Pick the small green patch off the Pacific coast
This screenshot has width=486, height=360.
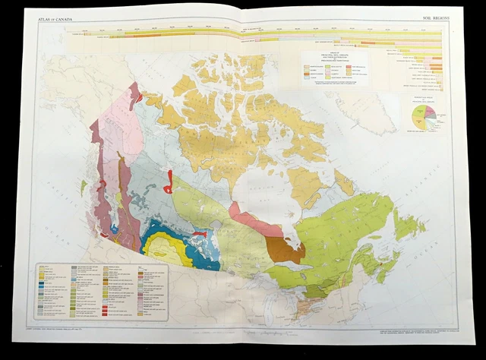click(83, 185)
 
